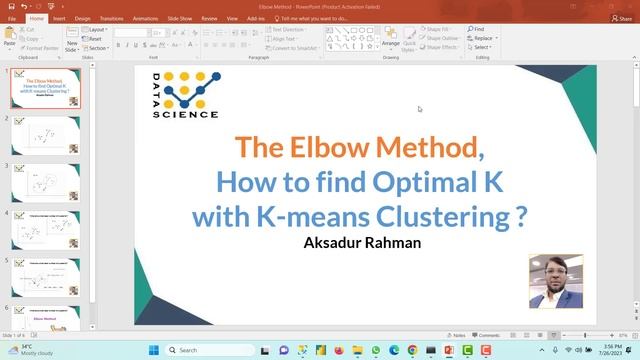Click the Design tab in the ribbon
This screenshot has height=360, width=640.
click(82, 18)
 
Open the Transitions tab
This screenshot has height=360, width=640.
click(112, 18)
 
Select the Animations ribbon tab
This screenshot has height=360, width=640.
click(145, 18)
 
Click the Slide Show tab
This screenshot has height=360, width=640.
click(180, 18)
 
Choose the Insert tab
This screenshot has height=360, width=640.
click(59, 18)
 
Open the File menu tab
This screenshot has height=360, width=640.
click(13, 18)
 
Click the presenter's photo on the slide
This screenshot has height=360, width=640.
click(556, 281)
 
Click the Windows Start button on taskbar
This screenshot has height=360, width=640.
click(154, 351)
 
